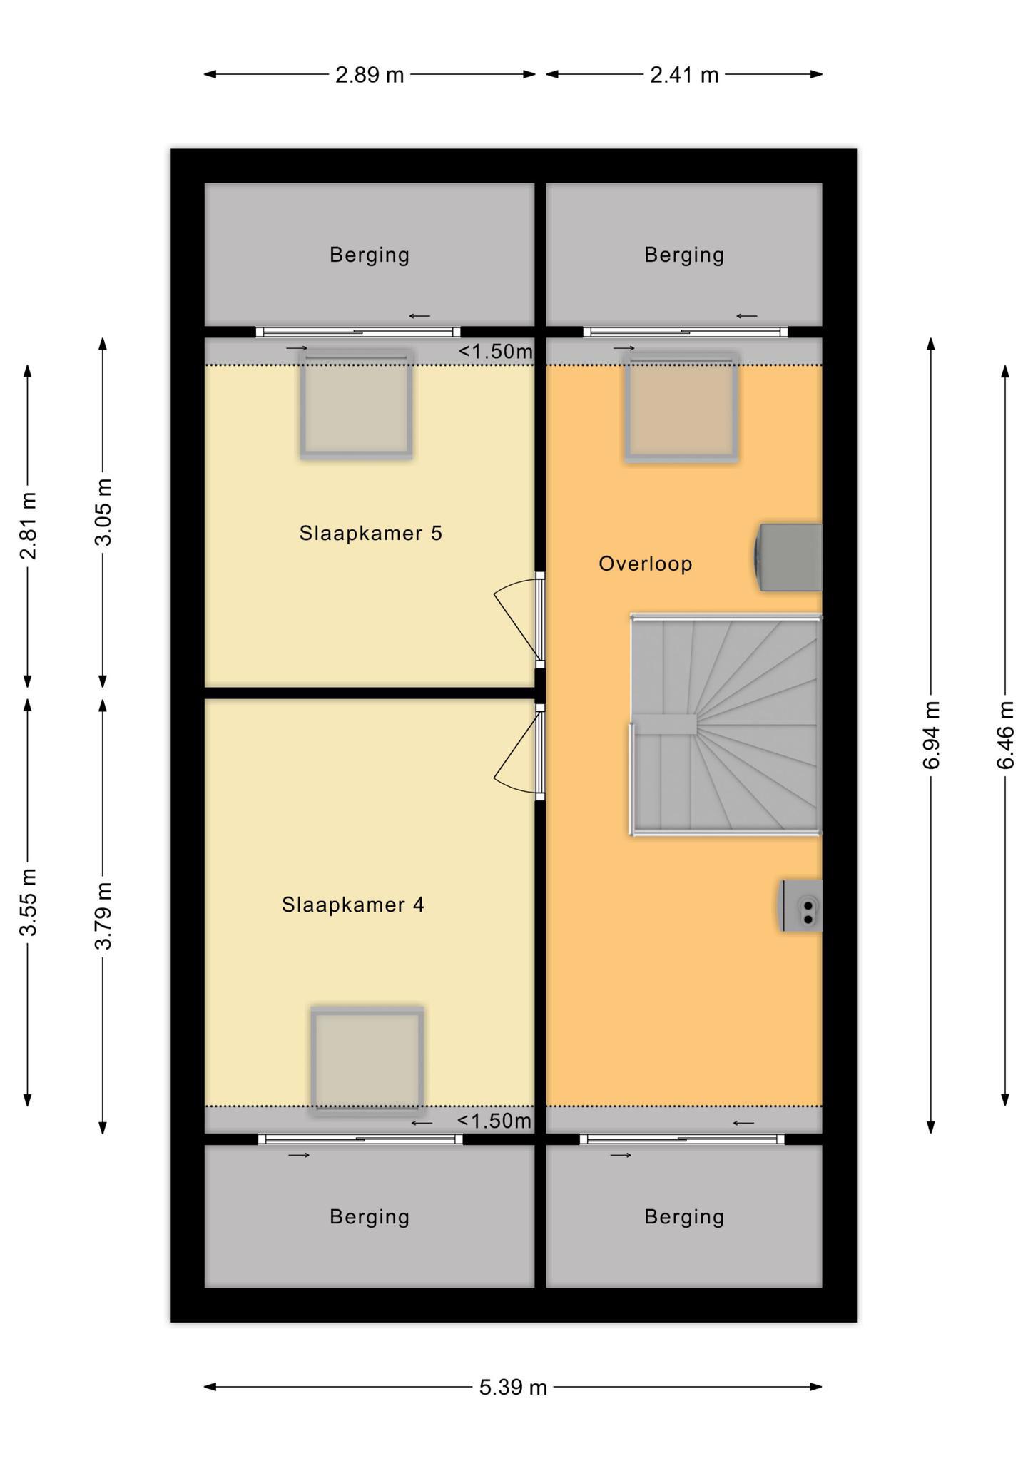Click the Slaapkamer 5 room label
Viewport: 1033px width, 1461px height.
click(x=370, y=533)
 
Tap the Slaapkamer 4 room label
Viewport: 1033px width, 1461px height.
click(x=353, y=905)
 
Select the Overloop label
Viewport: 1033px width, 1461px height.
click(x=646, y=564)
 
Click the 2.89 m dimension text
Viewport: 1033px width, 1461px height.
click(x=370, y=74)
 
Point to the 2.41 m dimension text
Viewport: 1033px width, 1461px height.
click(x=684, y=74)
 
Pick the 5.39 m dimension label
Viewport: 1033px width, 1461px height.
click(x=513, y=1387)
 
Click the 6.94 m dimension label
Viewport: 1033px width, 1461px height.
click(x=931, y=735)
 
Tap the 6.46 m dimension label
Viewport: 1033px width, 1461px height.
click(x=1005, y=735)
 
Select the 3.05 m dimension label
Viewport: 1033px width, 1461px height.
click(x=103, y=511)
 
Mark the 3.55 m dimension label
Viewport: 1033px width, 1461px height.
click(x=28, y=902)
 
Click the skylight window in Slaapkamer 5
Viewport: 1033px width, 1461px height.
click(x=356, y=404)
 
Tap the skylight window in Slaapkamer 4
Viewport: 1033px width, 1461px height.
click(x=367, y=1061)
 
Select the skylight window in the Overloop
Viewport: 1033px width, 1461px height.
click(x=681, y=407)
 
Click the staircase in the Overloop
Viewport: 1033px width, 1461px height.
click(x=726, y=724)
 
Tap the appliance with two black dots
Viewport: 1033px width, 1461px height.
click(x=800, y=905)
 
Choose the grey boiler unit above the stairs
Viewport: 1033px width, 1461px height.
click(x=788, y=557)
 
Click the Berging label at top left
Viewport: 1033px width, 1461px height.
click(x=370, y=255)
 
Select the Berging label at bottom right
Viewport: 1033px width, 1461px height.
click(x=684, y=1216)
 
